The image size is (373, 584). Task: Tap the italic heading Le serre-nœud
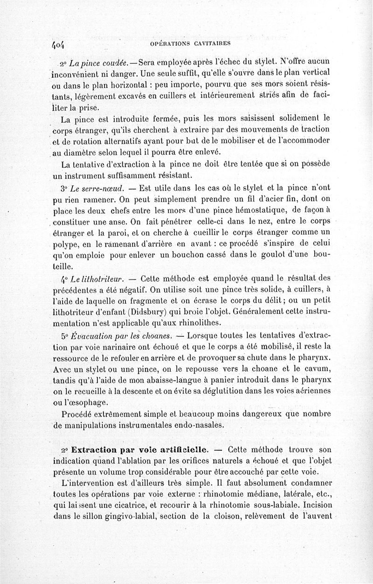98,188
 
